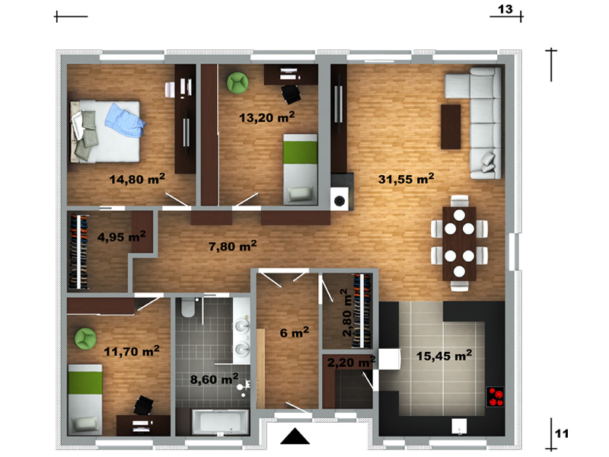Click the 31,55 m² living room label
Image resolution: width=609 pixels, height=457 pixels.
(x=406, y=179)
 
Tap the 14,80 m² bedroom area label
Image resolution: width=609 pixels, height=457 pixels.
(x=137, y=179)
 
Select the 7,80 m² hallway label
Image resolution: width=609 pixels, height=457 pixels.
(x=233, y=245)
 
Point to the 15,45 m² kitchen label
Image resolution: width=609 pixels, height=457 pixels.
(x=444, y=355)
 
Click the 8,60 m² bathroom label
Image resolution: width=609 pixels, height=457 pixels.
(x=214, y=379)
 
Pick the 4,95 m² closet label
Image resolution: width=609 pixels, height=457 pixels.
(x=122, y=236)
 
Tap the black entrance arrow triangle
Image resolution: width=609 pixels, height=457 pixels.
(x=295, y=436)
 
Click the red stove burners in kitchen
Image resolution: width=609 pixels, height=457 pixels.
(x=496, y=397)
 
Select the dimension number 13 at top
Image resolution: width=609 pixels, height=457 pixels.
(x=505, y=9)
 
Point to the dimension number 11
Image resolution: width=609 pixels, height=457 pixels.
(x=562, y=433)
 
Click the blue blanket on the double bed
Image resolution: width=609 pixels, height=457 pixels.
(x=125, y=120)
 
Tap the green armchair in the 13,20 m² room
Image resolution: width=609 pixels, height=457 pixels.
(x=238, y=82)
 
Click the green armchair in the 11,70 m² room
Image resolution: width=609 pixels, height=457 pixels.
(x=85, y=338)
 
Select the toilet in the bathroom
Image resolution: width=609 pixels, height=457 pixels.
(x=188, y=308)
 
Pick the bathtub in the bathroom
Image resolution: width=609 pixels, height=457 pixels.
(x=220, y=422)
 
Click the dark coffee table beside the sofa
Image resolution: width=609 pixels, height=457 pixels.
(x=451, y=126)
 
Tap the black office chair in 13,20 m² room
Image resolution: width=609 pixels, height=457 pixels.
(x=291, y=94)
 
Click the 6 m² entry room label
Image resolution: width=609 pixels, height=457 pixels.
(x=295, y=332)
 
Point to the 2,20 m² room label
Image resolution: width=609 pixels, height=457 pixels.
(x=351, y=363)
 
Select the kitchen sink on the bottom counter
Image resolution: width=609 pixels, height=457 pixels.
(x=459, y=426)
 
